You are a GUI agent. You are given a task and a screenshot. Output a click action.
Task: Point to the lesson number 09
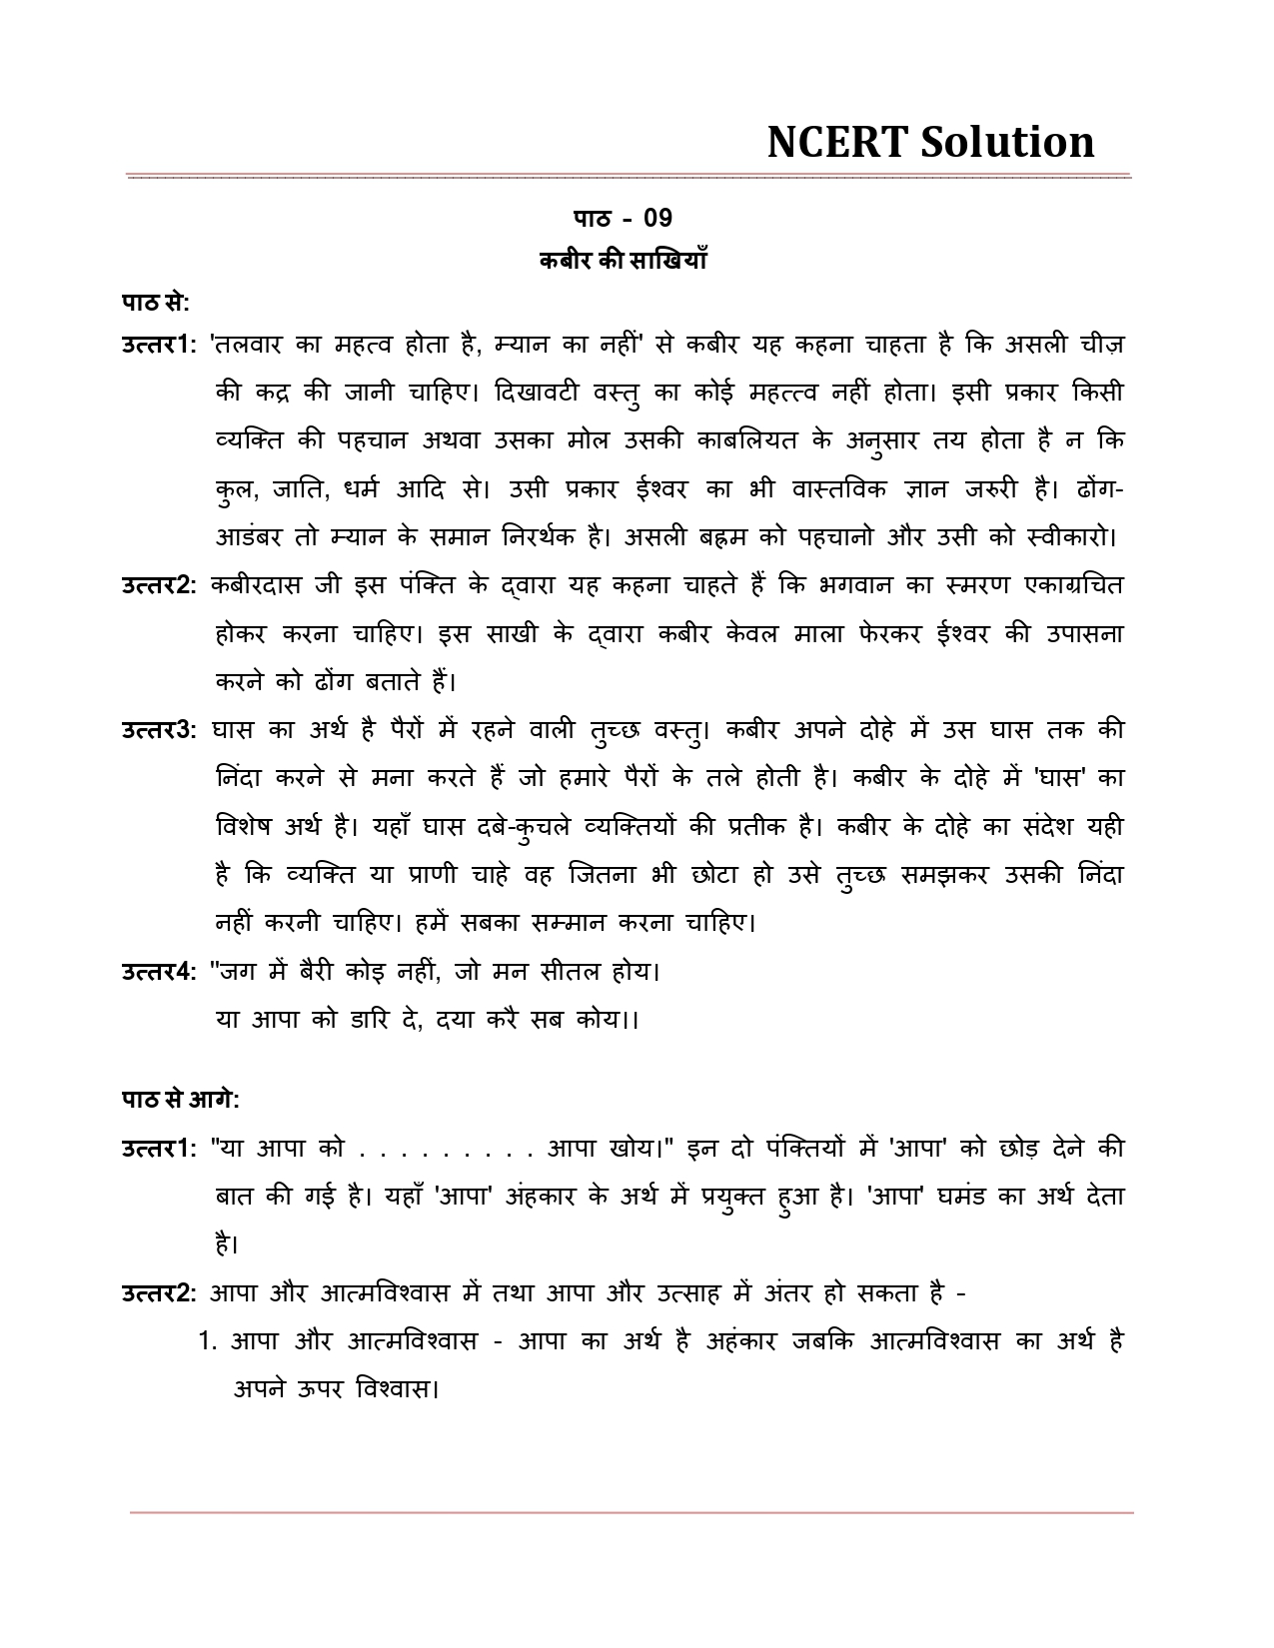click(657, 218)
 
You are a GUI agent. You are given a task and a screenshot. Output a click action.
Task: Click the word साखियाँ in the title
click(669, 260)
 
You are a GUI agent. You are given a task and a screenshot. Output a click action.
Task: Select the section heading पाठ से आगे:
click(180, 1100)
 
